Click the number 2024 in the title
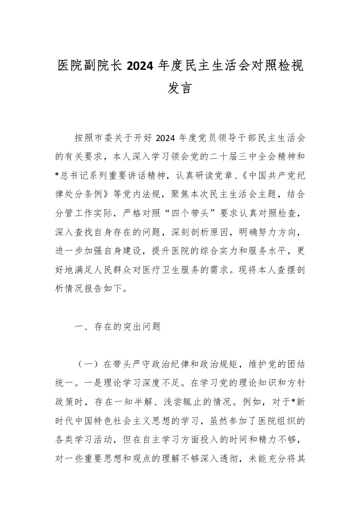click(x=139, y=66)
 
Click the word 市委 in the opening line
click(x=105, y=138)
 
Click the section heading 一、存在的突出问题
click(x=118, y=326)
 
